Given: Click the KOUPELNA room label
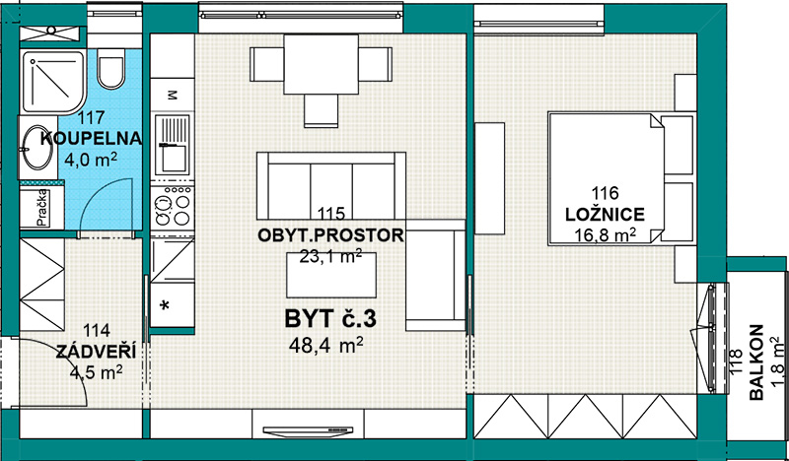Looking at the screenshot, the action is click(x=91, y=138).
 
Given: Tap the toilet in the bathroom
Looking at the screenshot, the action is click(x=110, y=69).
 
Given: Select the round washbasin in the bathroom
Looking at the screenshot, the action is click(x=37, y=148).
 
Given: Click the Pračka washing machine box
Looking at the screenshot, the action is click(x=41, y=208).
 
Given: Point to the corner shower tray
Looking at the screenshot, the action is click(x=52, y=82).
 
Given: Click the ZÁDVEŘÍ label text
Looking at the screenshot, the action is click(x=96, y=352).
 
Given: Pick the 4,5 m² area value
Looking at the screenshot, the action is click(x=97, y=373).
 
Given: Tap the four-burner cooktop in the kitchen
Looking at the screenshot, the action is click(x=173, y=207).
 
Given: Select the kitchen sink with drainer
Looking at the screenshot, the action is click(x=173, y=145).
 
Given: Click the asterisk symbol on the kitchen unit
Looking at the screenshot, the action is click(x=164, y=305).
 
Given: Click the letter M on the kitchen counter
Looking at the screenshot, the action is click(x=172, y=95).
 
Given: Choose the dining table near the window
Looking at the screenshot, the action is click(x=322, y=64).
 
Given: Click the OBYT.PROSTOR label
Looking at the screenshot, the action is click(x=330, y=235).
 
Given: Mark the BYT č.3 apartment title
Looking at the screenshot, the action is click(x=330, y=319).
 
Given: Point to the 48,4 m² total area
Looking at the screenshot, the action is click(x=325, y=345).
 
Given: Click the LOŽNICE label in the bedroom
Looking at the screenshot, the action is click(x=605, y=215).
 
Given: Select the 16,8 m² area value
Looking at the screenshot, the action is click(x=605, y=234).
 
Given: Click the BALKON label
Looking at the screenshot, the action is click(x=756, y=362).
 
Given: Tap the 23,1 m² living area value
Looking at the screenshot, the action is click(x=330, y=256).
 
